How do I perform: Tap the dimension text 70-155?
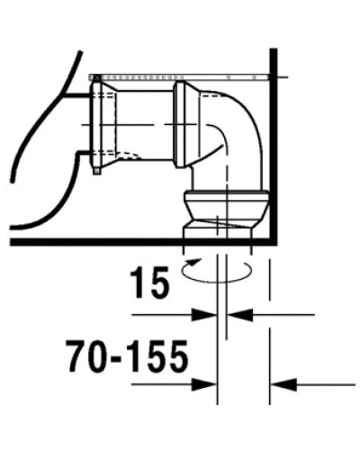[127, 358]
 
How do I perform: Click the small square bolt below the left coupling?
[95, 170]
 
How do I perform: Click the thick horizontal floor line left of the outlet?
[90, 240]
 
